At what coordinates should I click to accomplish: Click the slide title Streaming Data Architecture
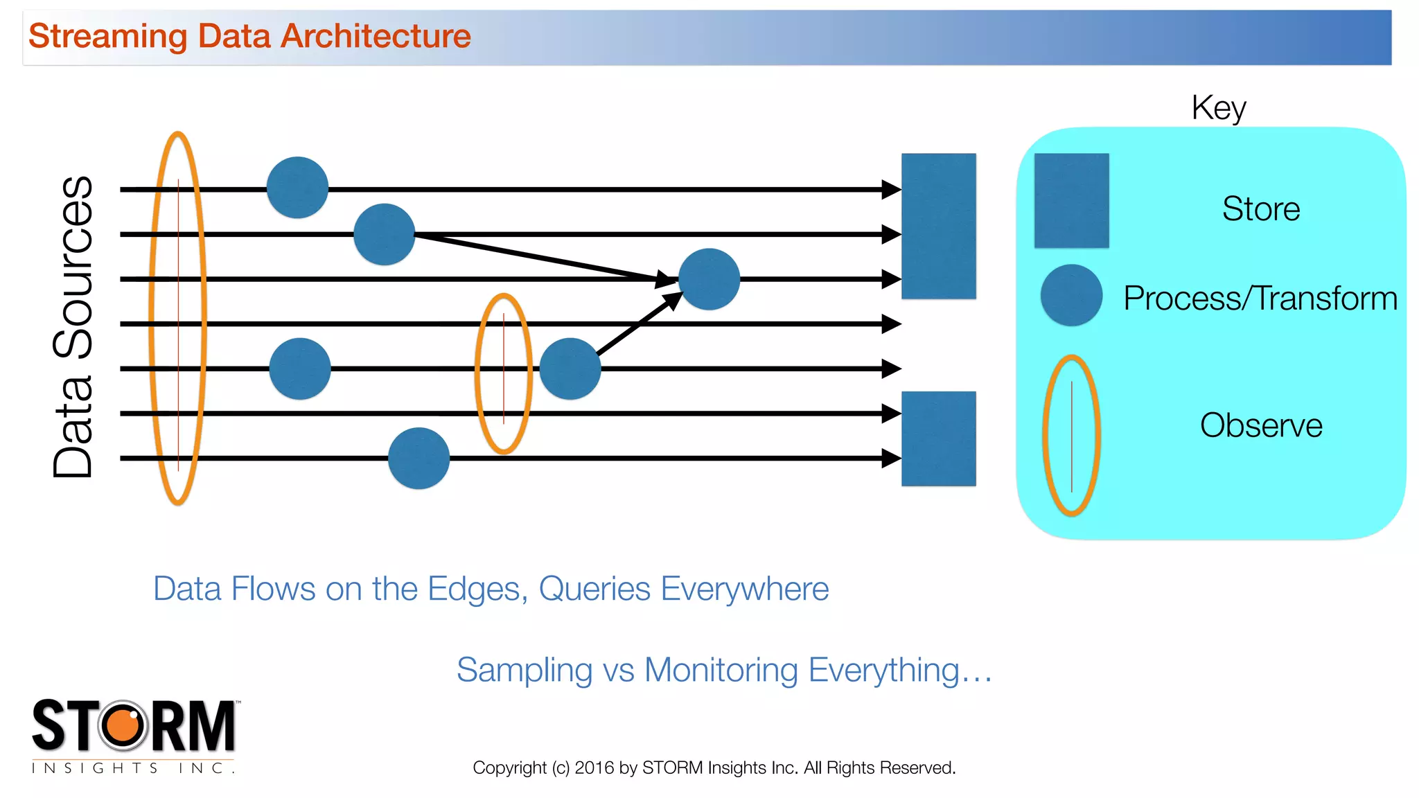point(249,36)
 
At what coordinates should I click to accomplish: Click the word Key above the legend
point(1218,108)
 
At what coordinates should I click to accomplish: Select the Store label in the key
point(1260,209)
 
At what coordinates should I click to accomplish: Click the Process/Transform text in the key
point(1260,299)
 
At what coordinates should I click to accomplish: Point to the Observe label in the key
point(1260,425)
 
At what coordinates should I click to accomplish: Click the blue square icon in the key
point(1071,201)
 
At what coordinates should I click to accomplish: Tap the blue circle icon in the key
point(1071,295)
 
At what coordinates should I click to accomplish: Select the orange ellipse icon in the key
point(1071,435)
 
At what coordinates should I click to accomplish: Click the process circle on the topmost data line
point(297,188)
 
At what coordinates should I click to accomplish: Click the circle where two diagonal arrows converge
point(709,279)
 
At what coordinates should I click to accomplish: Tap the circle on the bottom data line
point(418,458)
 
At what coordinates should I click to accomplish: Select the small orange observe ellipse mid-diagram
point(504,374)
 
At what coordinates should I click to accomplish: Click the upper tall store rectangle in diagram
point(938,226)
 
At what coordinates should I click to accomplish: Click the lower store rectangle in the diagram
point(938,438)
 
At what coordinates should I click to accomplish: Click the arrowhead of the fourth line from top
point(891,323)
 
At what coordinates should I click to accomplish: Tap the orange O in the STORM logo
point(124,725)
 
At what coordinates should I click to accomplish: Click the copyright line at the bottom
point(714,768)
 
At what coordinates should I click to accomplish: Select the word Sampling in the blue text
point(524,671)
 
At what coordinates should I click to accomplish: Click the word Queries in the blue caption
point(595,589)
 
